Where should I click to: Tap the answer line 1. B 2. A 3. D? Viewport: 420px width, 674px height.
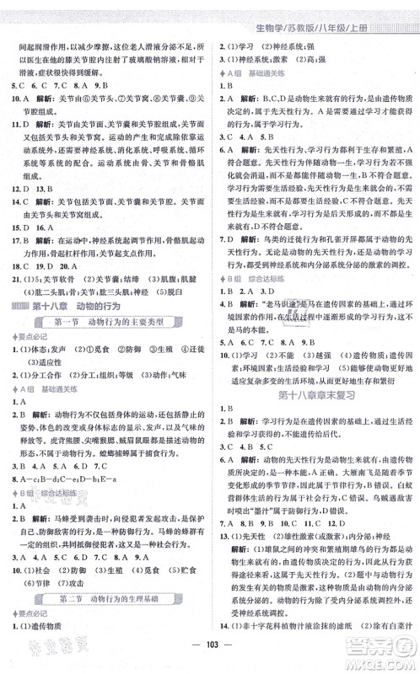click(x=250, y=291)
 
